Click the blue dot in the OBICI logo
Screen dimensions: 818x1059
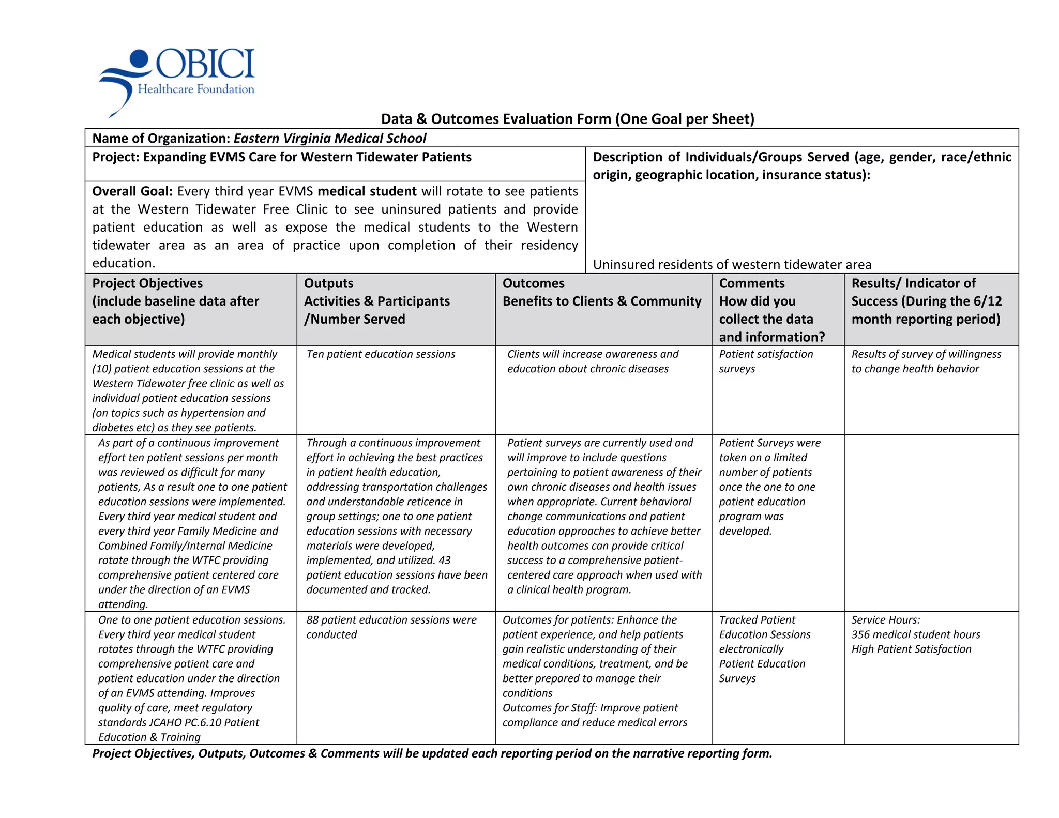pos(139,59)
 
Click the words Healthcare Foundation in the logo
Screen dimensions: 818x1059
pos(196,89)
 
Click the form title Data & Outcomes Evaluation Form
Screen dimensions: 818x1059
pos(567,119)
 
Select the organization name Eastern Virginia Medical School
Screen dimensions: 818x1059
pos(330,138)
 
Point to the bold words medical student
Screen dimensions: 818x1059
pos(367,191)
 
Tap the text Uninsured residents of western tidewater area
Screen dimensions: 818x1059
pos(732,265)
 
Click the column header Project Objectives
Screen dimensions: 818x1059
pos(147,283)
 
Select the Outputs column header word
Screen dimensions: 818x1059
pos(328,283)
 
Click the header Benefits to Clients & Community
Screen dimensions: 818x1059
pos(602,301)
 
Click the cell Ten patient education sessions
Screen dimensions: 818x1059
pos(381,354)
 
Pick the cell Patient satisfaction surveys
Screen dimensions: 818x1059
pos(766,361)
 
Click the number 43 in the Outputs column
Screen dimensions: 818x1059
pos(444,561)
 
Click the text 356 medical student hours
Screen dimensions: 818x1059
pos(915,634)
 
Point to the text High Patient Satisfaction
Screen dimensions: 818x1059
pos(911,649)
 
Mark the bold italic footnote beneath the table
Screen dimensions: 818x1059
pos(432,753)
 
